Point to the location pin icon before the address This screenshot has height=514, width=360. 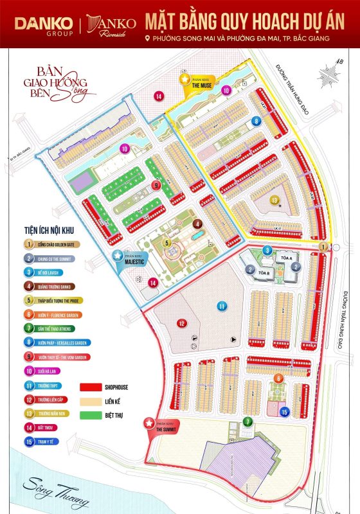point(148,39)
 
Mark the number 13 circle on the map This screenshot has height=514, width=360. point(274,200)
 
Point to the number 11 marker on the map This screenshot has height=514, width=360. point(222,306)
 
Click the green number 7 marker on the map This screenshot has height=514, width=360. point(248,421)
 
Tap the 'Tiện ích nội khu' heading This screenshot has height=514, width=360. point(51,231)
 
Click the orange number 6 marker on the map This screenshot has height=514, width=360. point(278,378)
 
